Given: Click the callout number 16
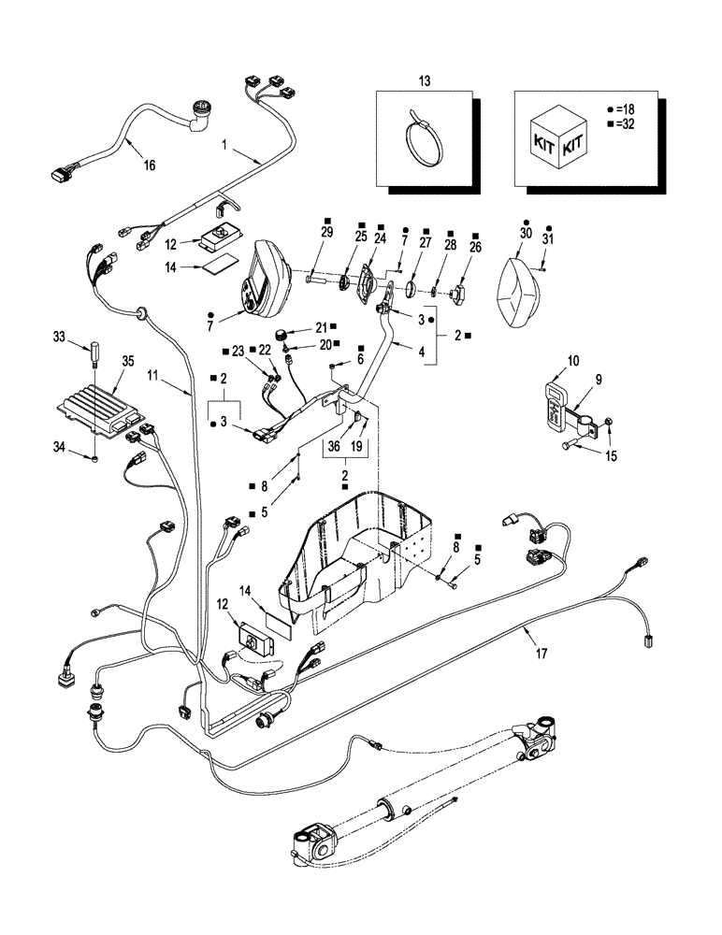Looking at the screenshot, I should (x=149, y=165).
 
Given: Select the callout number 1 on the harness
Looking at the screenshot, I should (x=224, y=146).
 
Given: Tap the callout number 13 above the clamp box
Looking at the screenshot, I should (x=425, y=81).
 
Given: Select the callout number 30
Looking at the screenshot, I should (x=526, y=232).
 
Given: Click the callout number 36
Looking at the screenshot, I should (x=329, y=447).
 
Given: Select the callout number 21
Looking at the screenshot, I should (x=322, y=327).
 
